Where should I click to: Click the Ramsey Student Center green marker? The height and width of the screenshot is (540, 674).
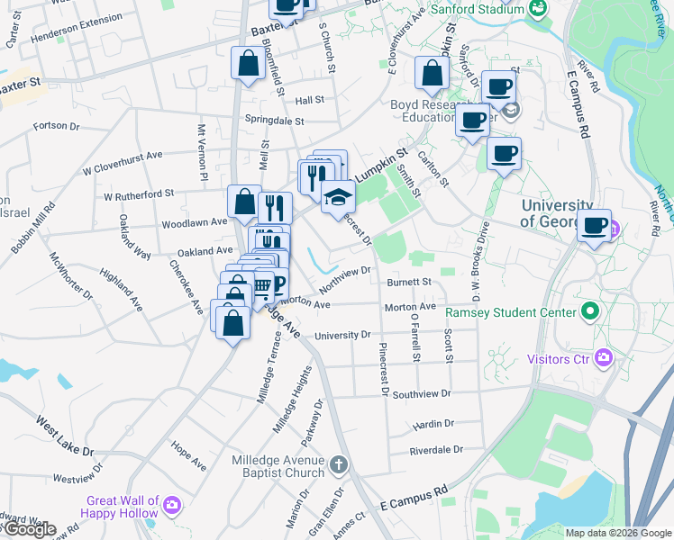[590, 313]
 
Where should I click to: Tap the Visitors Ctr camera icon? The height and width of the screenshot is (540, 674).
[604, 359]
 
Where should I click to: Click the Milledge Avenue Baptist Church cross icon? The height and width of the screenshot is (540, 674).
[338, 465]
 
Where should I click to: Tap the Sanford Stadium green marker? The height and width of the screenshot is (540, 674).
[539, 10]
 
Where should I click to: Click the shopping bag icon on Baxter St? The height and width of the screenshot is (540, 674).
[248, 64]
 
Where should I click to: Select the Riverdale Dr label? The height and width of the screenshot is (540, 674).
[435, 449]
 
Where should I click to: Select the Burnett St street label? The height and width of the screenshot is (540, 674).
[410, 282]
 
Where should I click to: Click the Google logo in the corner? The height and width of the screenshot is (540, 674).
[29, 529]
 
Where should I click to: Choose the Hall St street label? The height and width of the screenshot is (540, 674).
[309, 100]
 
